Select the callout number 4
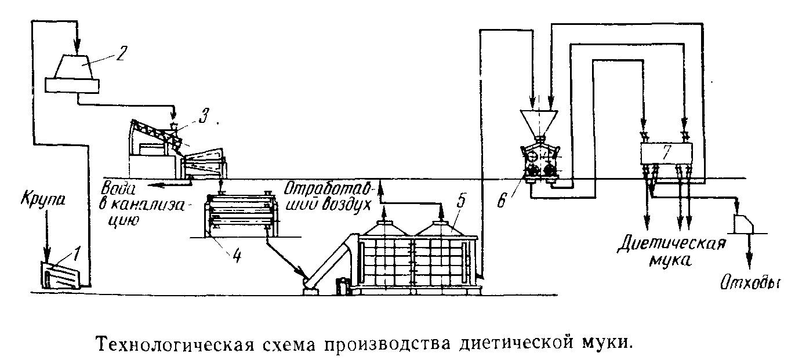(237, 256)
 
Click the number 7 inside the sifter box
(666, 152)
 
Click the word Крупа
(43, 201)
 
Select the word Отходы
(750, 284)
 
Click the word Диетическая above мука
(671, 244)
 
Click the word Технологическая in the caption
(175, 343)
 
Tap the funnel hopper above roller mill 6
(539, 123)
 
